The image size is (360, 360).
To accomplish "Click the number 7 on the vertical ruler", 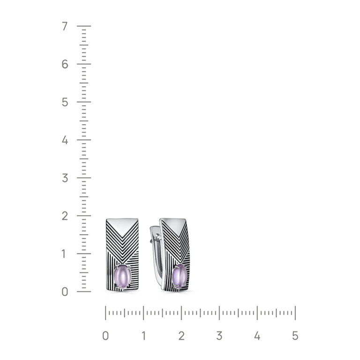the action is pyautogui.click(x=65, y=26).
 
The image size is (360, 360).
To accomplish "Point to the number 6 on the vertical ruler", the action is pyautogui.click(x=65, y=64).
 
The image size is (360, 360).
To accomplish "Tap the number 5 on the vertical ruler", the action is pyautogui.click(x=65, y=102).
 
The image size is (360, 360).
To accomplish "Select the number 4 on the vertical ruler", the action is pyautogui.click(x=65, y=140).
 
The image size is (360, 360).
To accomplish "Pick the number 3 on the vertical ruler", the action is pyautogui.click(x=65, y=178).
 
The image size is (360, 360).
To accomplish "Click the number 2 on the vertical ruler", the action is pyautogui.click(x=65, y=216).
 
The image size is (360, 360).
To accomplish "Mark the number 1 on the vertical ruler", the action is pyautogui.click(x=64, y=254).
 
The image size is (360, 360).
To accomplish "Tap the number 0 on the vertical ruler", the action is pyautogui.click(x=65, y=292).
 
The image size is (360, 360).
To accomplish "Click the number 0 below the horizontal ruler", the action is pyautogui.click(x=105, y=336).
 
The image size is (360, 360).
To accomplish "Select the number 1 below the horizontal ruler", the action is pyautogui.click(x=144, y=336).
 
